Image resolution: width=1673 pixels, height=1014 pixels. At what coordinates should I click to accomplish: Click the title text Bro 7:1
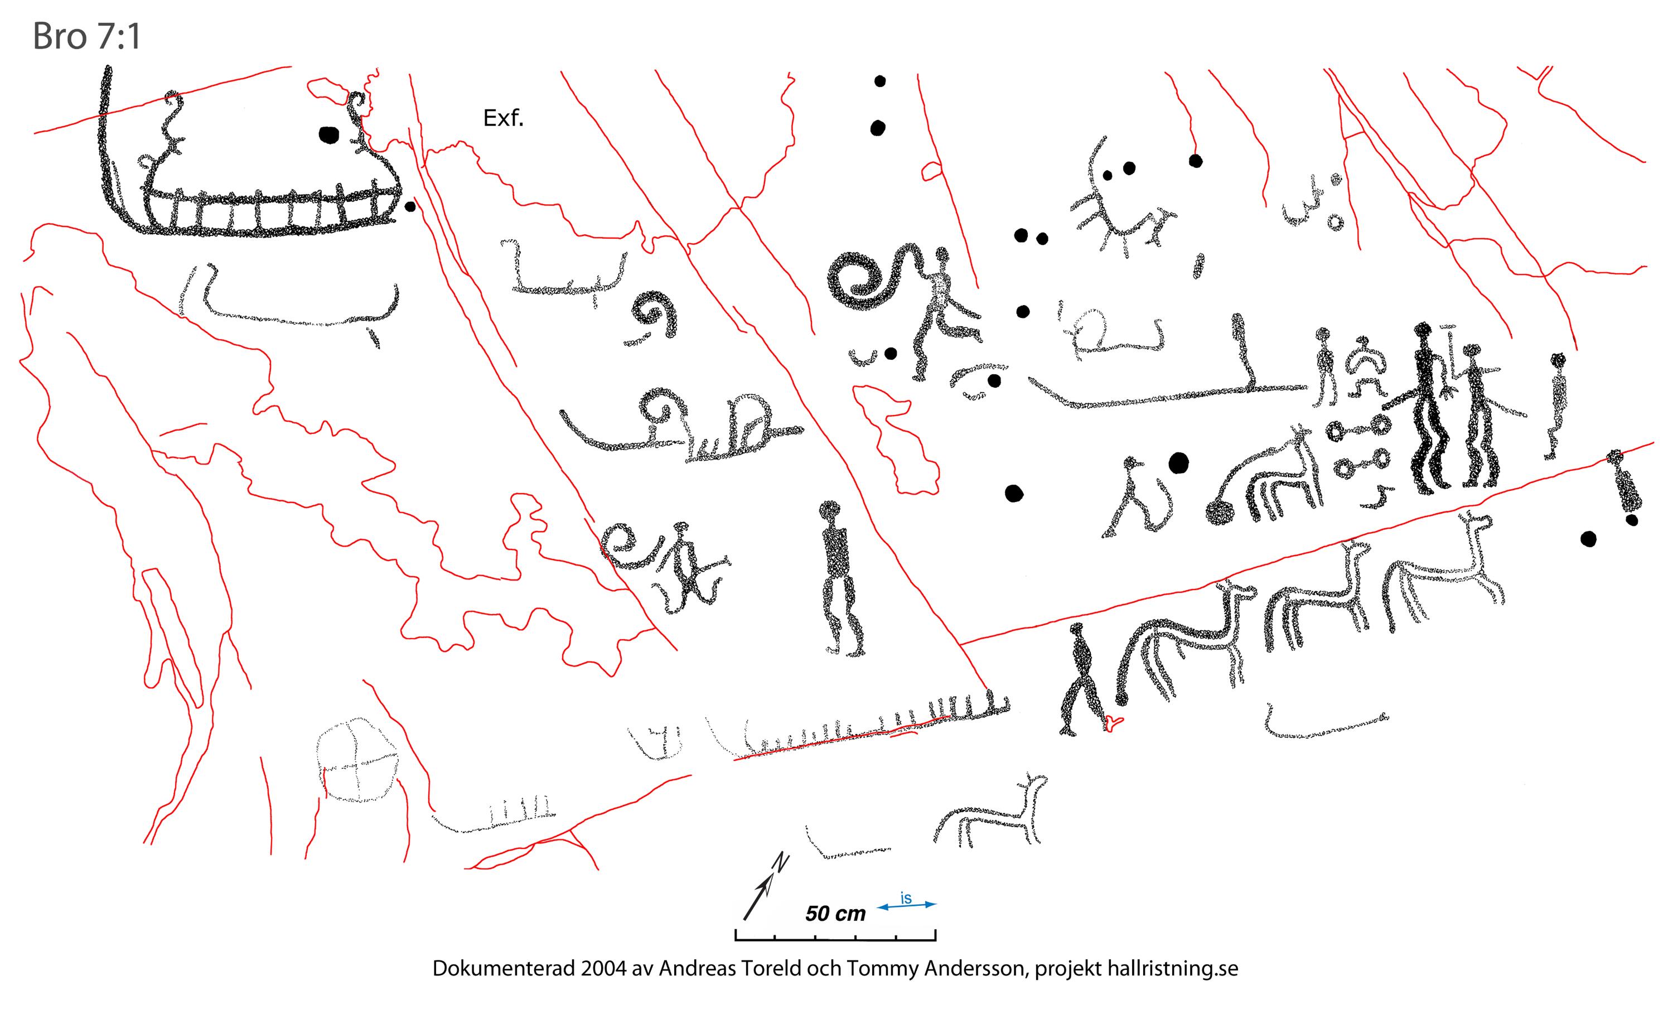click(x=86, y=37)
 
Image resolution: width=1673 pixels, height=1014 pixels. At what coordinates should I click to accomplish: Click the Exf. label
click(x=503, y=119)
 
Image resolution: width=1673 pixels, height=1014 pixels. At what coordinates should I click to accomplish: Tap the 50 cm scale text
click(x=835, y=914)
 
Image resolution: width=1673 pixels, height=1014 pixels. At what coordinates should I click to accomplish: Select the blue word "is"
click(x=906, y=899)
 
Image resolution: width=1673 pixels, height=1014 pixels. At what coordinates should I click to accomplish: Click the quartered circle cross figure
click(x=357, y=759)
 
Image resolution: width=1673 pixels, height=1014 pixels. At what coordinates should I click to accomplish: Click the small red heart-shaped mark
click(x=1113, y=723)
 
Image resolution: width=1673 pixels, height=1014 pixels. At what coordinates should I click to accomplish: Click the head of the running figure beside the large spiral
click(x=941, y=255)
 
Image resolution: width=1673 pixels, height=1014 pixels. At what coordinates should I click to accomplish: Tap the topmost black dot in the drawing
click(x=880, y=81)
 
